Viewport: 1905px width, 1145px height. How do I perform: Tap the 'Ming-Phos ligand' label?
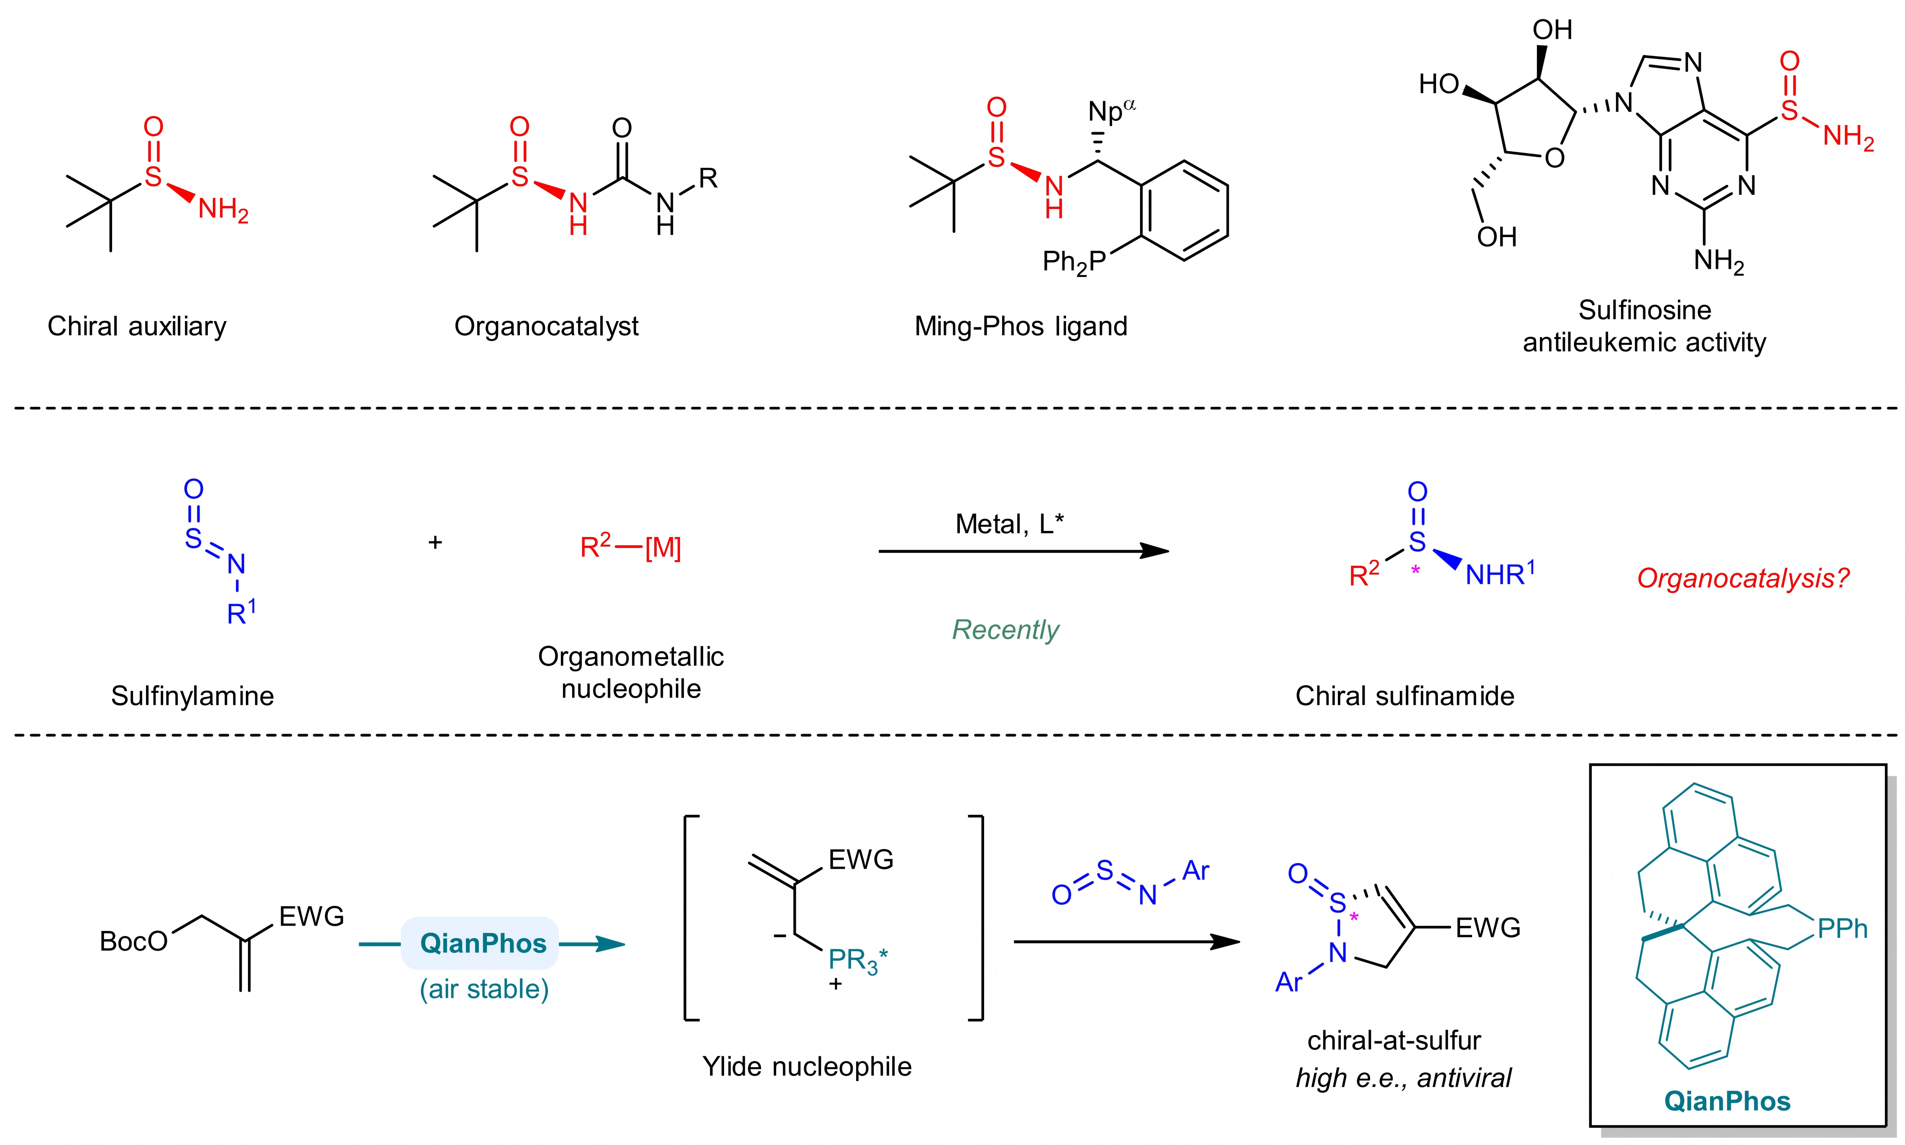[1020, 326]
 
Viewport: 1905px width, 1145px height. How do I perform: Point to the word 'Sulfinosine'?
[1644, 310]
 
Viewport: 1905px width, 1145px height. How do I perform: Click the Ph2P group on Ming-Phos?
[1073, 263]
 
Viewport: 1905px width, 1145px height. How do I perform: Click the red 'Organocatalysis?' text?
[1743, 578]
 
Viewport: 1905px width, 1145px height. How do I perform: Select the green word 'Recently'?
[1005, 630]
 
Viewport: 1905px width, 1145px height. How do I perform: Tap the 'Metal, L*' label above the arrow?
[1009, 525]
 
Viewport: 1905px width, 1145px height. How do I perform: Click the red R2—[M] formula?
[630, 547]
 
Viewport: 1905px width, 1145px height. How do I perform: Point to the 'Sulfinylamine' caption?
[192, 696]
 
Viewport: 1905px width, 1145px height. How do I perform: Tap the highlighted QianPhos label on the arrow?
[483, 943]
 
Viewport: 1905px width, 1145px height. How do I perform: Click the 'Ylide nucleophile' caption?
[807, 1066]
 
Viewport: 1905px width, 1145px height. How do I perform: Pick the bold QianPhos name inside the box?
[1727, 1101]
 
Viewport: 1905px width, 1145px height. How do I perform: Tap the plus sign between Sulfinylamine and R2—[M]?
[435, 543]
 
